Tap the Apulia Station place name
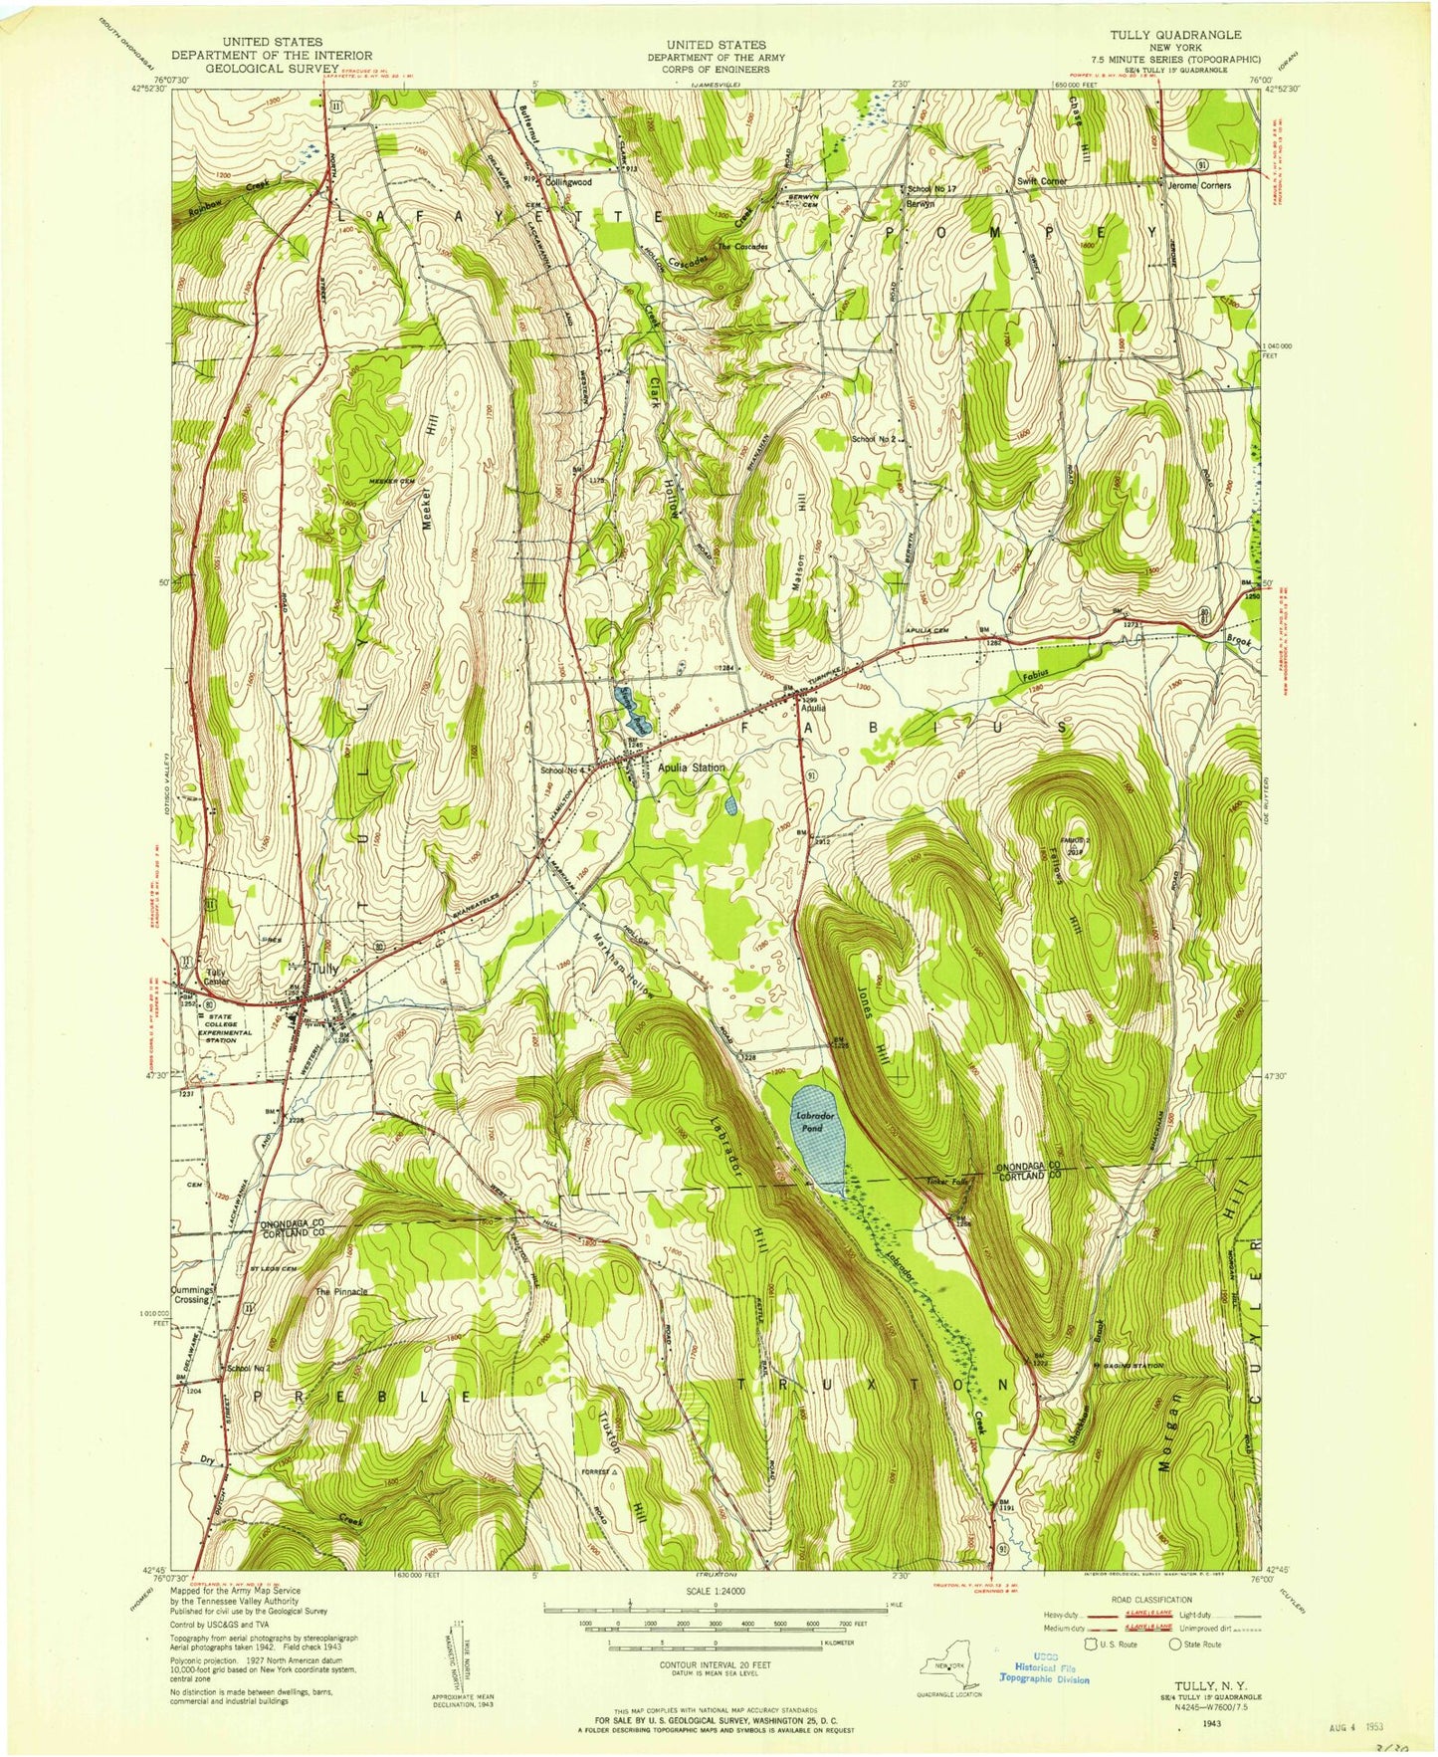click(x=692, y=768)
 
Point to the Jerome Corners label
click(x=1198, y=185)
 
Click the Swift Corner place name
click(x=1042, y=181)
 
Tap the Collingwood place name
click(x=568, y=182)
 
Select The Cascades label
click(x=741, y=246)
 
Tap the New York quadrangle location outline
click(x=946, y=1664)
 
